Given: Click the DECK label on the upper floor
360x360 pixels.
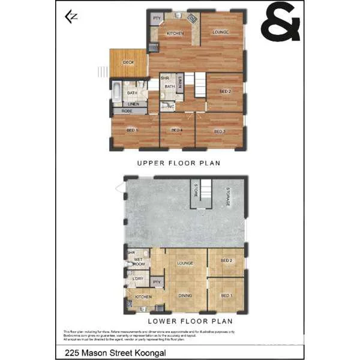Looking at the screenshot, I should (x=128, y=62).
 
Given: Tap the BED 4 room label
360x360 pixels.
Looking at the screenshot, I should (x=176, y=131).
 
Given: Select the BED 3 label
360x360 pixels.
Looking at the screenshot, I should (x=220, y=131).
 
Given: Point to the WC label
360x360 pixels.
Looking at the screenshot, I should (x=171, y=107).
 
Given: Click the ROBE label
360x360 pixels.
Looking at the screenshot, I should (x=127, y=111).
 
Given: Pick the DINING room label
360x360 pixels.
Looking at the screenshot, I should (x=185, y=295).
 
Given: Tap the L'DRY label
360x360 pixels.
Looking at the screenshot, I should (x=137, y=279).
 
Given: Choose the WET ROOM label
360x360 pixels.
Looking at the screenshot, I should (x=139, y=262).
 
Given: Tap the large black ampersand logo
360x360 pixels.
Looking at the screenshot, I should (x=280, y=22).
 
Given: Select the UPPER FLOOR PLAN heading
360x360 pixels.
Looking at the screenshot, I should (x=179, y=163).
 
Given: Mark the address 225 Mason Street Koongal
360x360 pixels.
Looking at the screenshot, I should (x=116, y=353).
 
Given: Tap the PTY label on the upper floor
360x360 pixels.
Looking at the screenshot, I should (x=157, y=18).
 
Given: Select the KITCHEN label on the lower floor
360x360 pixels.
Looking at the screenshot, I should (x=143, y=297).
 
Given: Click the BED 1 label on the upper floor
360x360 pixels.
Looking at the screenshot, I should (x=133, y=131).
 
